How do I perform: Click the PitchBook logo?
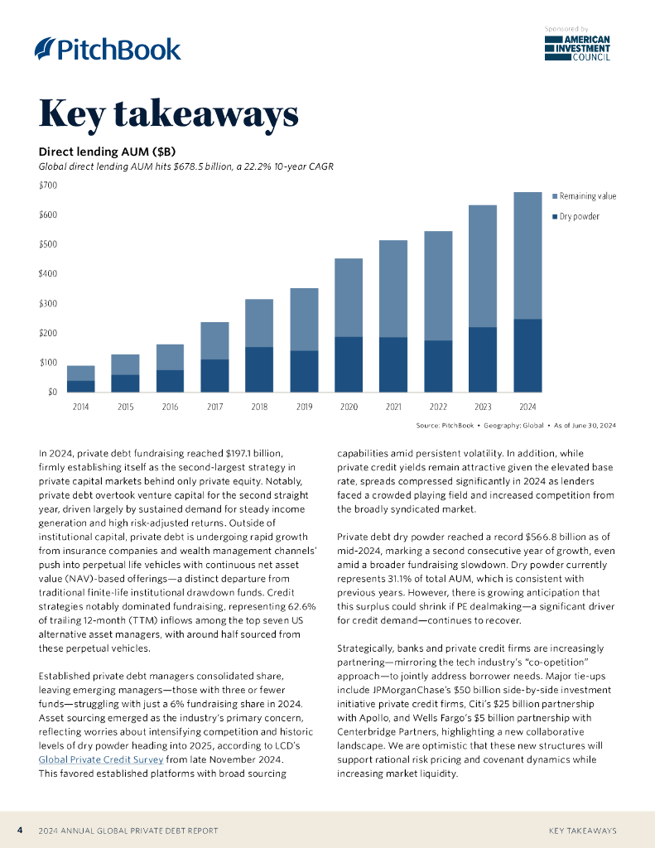point(108,49)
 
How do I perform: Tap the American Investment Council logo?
point(578,48)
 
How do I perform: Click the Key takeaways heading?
point(168,114)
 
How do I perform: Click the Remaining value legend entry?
point(587,196)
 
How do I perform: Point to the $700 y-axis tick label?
point(48,185)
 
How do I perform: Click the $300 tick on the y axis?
point(48,303)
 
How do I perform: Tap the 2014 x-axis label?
point(81,407)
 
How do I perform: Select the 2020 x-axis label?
point(349,407)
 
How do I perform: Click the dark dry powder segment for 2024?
point(527,355)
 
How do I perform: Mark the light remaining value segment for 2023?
point(483,266)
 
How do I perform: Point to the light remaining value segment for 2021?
point(393,288)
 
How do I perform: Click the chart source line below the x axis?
point(515,426)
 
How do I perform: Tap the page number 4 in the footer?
point(20,830)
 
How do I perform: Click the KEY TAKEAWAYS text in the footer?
point(582,830)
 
